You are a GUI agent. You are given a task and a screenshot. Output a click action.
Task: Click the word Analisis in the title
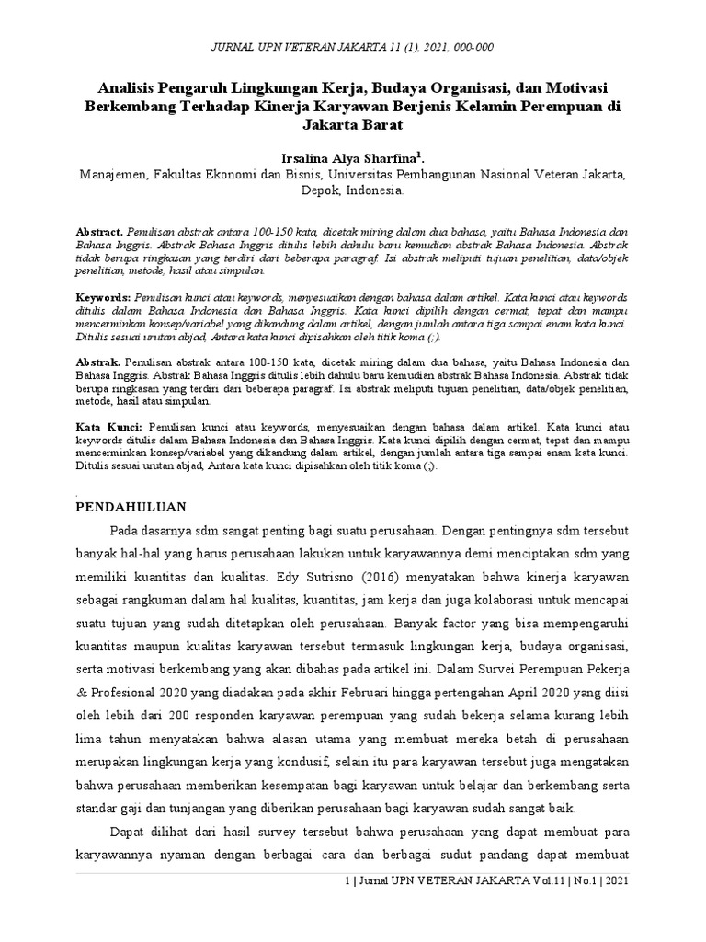point(130,87)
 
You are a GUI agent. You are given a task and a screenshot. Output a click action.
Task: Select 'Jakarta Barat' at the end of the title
point(353,124)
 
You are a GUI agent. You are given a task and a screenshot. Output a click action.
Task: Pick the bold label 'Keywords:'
point(103,299)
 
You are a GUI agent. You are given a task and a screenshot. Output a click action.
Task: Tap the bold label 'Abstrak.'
point(97,363)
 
